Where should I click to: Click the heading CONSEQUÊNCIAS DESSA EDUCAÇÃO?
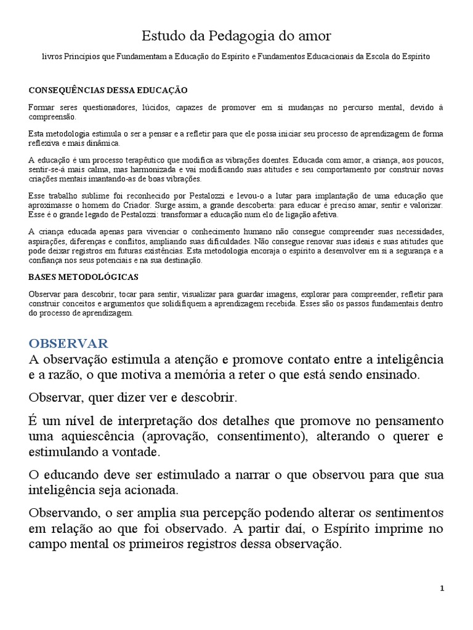click(108, 90)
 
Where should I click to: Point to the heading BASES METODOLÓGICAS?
click(84, 277)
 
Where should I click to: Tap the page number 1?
click(442, 588)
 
